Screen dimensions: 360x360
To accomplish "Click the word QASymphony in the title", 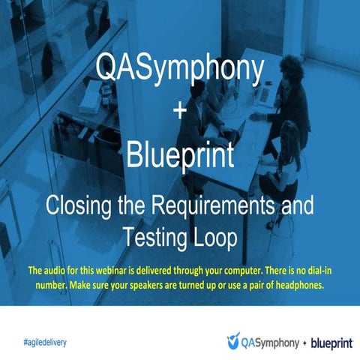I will pos(180,70).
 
